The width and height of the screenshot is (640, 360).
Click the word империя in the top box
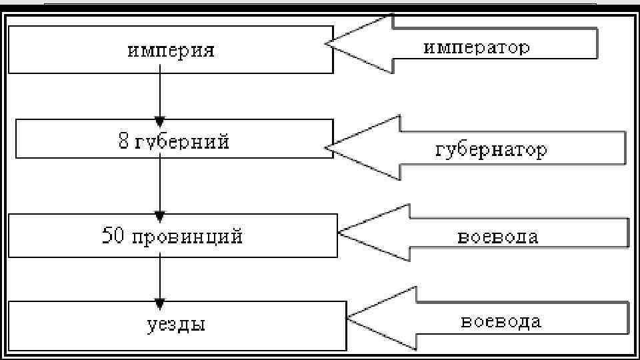171,51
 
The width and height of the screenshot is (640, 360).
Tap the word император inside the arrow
477,48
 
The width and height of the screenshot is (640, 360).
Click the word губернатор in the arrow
491,150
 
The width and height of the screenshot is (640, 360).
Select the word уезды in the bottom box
175,325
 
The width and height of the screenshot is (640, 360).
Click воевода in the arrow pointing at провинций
497,237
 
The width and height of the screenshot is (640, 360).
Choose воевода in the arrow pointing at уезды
501,322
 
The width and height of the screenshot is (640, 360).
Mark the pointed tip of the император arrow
327,44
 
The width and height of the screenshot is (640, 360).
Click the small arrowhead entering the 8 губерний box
159,121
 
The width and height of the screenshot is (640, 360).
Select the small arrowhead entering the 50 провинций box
159,215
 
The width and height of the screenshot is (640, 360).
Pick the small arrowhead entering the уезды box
159,303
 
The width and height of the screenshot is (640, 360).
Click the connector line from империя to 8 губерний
159,93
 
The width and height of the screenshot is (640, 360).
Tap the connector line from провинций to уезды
159,277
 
